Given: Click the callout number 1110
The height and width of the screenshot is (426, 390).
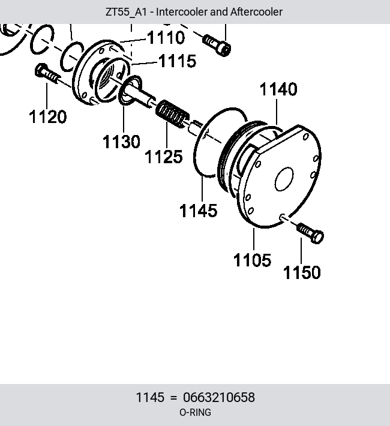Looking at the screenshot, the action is [166, 37].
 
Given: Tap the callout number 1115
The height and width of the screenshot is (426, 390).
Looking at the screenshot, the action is [177, 61].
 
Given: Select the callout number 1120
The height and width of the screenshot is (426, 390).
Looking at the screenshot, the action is [47, 116].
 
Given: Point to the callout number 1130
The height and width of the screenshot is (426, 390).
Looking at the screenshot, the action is [121, 142].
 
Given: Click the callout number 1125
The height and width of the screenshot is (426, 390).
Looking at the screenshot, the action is [164, 157].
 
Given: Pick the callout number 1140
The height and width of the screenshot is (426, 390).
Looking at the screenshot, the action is [278, 89].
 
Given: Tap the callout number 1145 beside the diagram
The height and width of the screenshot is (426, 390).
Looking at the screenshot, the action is [199, 211].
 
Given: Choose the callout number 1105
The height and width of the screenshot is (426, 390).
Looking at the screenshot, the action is [252, 260].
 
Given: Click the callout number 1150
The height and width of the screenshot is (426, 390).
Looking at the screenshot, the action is [302, 272].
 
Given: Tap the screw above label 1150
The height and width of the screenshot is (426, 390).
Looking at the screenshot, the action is [310, 233].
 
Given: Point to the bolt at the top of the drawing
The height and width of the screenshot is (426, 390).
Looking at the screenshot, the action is [217, 45].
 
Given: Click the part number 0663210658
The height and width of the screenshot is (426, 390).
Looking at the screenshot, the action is [219, 397].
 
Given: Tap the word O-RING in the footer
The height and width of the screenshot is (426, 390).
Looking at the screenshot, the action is [195, 412].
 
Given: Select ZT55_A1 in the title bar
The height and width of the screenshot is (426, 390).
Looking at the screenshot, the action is [126, 12].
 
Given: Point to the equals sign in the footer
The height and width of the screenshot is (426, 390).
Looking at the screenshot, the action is [173, 398].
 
